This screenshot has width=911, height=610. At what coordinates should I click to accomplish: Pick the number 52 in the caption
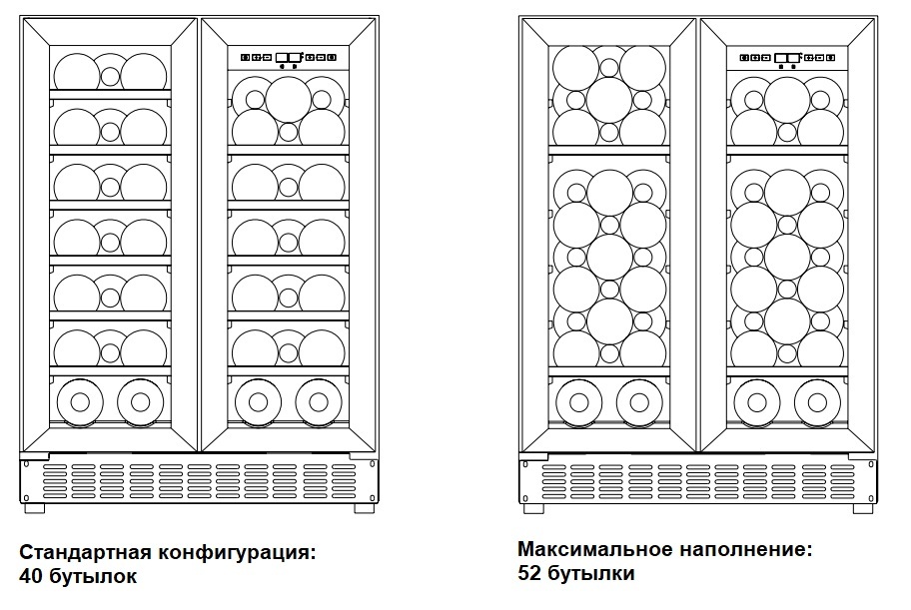[x=531, y=573]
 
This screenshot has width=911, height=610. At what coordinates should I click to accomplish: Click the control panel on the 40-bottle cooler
[x=288, y=58]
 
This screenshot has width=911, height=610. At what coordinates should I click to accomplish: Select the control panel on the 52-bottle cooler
[x=787, y=58]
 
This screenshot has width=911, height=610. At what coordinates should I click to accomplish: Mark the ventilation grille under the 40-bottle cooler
[x=199, y=480]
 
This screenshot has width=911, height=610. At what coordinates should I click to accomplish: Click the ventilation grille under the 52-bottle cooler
[x=698, y=480]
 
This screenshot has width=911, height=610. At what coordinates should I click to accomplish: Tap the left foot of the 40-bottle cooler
[x=34, y=507]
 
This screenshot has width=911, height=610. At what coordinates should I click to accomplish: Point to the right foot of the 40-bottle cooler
[x=365, y=507]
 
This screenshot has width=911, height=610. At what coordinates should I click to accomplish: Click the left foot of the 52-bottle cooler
[x=533, y=507]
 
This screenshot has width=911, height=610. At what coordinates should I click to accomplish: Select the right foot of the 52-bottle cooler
[x=864, y=507]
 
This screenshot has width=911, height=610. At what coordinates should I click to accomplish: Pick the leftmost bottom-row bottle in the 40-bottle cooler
[x=80, y=402]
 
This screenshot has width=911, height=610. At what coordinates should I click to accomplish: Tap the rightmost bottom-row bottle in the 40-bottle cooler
[x=319, y=402]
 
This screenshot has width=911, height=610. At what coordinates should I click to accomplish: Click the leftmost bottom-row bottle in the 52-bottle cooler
[x=577, y=402]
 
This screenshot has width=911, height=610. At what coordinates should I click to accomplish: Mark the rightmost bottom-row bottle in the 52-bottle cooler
[x=818, y=402]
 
